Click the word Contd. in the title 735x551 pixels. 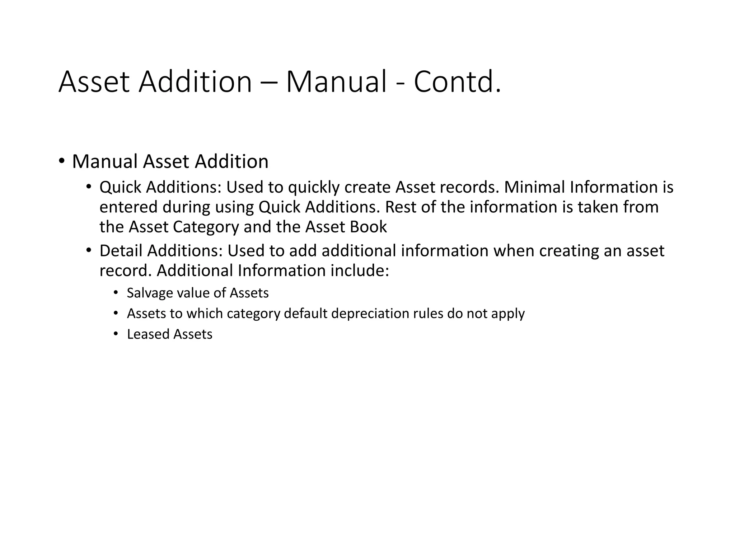coord(457,82)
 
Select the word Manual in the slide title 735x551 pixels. coord(336,82)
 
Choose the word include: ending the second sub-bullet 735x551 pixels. coord(360,270)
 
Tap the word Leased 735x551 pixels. coord(148,334)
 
